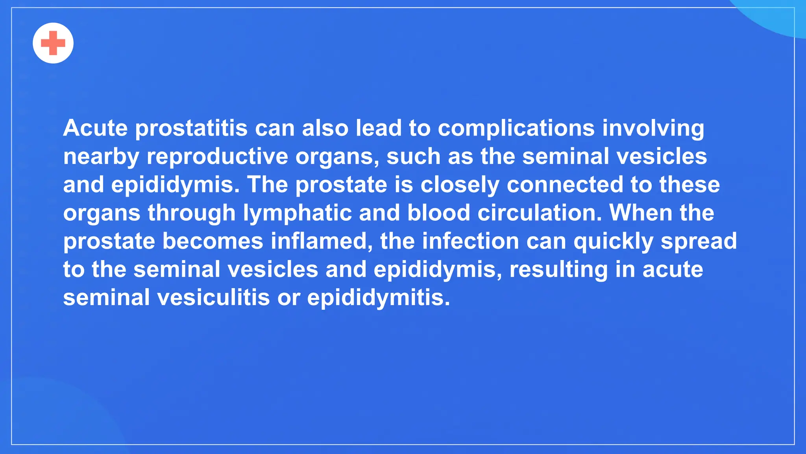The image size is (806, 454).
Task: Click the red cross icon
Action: coord(53,43)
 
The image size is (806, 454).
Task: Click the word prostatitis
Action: coord(191,128)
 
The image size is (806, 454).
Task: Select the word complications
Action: coord(516,128)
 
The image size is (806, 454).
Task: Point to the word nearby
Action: coord(101,157)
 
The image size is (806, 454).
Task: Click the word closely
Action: coord(460,185)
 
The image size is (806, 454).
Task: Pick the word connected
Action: coord(565,185)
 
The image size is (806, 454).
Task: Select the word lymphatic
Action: coord(297,213)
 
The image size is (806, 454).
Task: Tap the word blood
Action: coord(438,213)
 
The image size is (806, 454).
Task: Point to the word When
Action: coord(641,213)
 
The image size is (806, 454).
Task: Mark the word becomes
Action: coord(213,241)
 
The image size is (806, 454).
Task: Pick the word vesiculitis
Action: coord(214,298)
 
